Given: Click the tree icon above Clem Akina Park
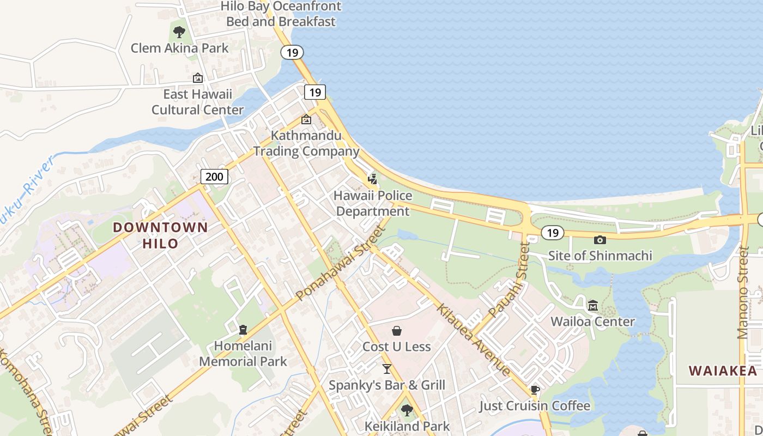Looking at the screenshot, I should [179, 32].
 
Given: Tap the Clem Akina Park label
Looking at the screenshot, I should [180, 48].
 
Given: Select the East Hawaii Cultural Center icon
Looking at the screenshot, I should [198, 78].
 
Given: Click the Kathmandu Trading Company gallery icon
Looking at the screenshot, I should [306, 119].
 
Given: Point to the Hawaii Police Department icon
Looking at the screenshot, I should [373, 179].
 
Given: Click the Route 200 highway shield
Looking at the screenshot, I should [214, 176].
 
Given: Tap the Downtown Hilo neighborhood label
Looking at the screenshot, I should [160, 235].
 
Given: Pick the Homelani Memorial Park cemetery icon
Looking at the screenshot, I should [243, 330].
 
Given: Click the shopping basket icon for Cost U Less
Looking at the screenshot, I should [397, 331].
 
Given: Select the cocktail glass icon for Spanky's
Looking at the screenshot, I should [387, 369].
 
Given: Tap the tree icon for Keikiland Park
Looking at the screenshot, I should [407, 410].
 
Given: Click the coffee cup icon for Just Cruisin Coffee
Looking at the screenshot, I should [535, 390].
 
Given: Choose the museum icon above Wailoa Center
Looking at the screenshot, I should [593, 305].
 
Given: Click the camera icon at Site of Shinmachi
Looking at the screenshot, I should [600, 240].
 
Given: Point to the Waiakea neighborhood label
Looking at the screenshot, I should [723, 371].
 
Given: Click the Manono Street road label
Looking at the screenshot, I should [743, 293].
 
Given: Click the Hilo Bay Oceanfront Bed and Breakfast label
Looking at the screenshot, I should [281, 14].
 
